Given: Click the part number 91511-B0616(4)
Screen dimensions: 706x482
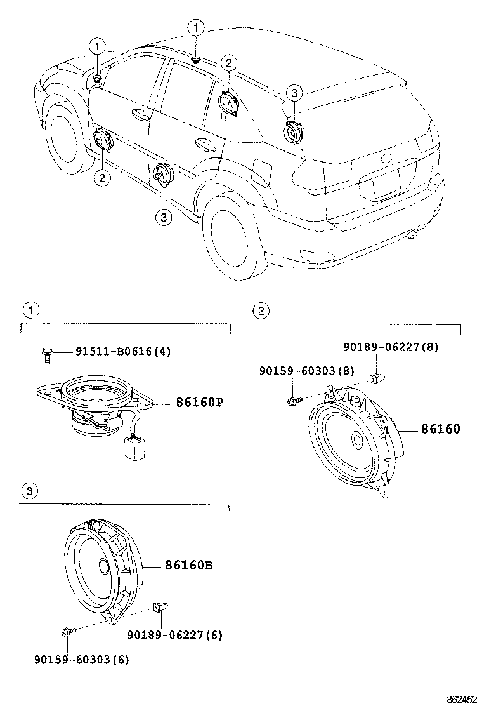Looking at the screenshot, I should [x=123, y=351].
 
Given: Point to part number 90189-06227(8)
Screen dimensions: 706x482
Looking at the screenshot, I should [x=391, y=347].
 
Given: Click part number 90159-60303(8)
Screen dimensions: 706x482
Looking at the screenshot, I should [x=306, y=370].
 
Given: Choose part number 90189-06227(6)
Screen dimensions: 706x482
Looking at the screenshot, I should [x=175, y=634].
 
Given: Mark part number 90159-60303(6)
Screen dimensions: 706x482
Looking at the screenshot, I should [x=82, y=659].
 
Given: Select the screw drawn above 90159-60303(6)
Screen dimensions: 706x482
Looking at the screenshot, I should [x=67, y=631].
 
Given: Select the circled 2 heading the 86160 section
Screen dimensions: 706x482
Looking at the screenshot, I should [x=259, y=310].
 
